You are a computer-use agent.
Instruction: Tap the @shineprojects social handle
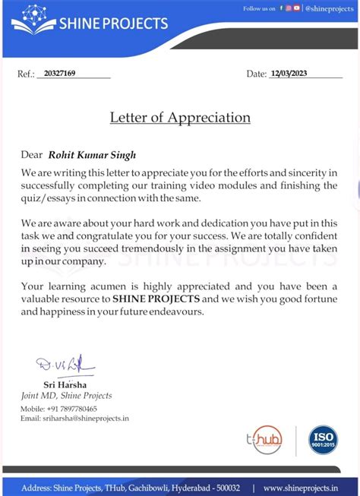pos(329,8)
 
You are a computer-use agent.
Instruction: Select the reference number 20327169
pos(60,74)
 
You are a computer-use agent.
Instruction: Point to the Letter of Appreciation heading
pos(180,118)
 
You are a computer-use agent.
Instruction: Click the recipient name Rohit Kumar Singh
pos(93,155)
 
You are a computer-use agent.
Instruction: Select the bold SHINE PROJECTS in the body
pos(156,299)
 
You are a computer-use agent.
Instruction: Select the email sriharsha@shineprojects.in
pos(85,418)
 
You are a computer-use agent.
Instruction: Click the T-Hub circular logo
pos(267,439)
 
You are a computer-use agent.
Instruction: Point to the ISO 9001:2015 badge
pos(323,440)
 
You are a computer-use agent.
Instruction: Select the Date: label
pos(256,74)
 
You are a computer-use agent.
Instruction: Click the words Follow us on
pos(259,8)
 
